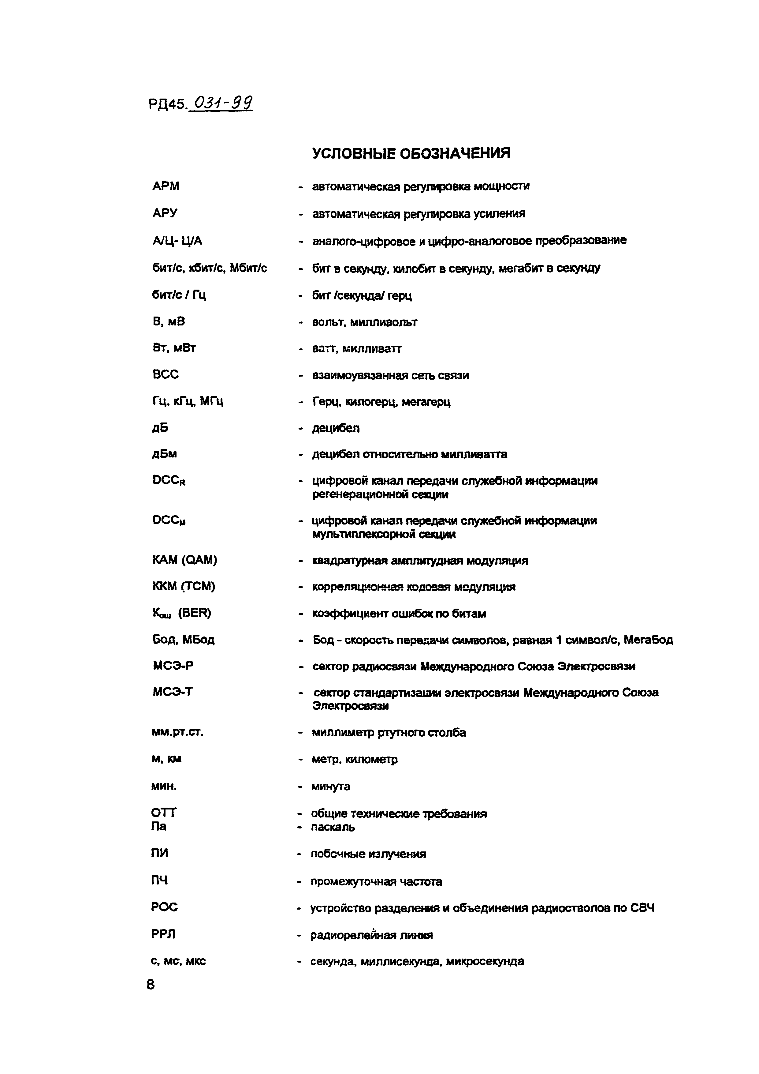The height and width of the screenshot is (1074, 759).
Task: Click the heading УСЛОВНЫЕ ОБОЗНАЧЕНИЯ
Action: (x=411, y=153)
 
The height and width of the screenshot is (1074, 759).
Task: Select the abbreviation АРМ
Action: (x=166, y=186)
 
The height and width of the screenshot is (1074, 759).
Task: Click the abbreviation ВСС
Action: (x=166, y=374)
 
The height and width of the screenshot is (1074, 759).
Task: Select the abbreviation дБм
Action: (x=165, y=454)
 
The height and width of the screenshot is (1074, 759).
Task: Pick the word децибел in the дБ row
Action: (x=336, y=428)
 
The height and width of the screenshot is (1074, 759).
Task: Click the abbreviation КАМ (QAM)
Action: (x=184, y=560)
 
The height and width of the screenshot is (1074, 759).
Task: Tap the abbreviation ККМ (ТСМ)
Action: (x=184, y=586)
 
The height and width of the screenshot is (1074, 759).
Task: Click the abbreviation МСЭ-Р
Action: (x=173, y=666)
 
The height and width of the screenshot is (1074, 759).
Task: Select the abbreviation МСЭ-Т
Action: (x=172, y=692)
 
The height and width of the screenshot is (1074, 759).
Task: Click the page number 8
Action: (x=151, y=985)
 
